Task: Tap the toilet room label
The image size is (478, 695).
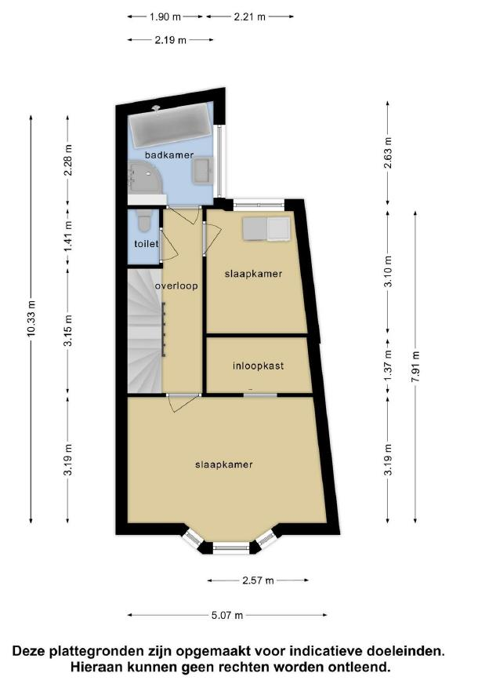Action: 146,243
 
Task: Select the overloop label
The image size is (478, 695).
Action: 176,286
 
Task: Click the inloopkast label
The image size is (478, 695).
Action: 258,366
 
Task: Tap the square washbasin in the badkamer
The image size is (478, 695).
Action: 203,171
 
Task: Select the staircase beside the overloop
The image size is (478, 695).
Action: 144,331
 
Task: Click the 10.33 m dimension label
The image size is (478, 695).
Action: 31,318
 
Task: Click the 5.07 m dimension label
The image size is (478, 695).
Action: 227,615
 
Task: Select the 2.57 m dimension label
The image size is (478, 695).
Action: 258,580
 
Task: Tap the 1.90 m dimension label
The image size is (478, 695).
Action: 165,16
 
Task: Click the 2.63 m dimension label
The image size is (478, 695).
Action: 388,153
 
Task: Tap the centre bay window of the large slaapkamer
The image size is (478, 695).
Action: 231,548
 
